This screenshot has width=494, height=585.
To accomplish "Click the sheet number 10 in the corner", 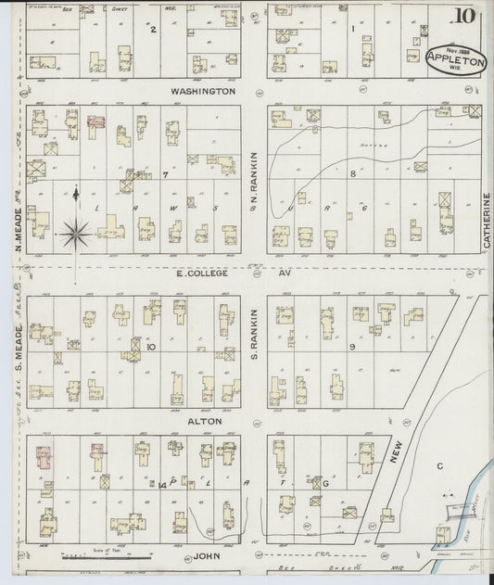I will tap(468, 17).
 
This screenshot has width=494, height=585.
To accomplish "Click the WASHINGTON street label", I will tap(204, 92).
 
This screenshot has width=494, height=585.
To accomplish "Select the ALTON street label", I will tap(204, 421).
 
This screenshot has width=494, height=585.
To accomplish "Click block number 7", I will tap(165, 174).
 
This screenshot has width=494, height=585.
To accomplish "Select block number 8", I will tap(352, 174).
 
